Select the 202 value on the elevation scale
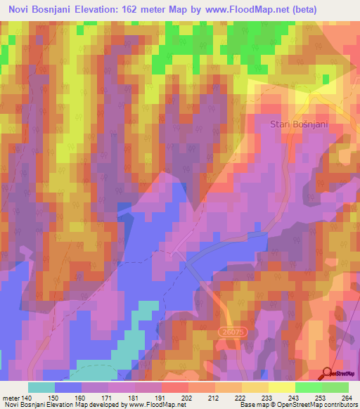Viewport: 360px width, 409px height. click(x=167, y=397)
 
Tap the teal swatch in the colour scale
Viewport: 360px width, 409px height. click(x=41, y=387)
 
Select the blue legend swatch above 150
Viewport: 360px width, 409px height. click(x=68, y=387)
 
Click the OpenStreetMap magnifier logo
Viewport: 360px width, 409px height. click(x=328, y=374)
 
